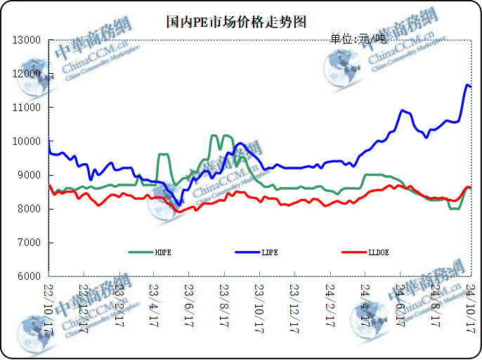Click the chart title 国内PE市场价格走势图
coord(237,22)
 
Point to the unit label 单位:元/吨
coord(358,38)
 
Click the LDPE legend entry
coord(269,251)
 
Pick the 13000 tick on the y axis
coord(27,40)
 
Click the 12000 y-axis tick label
coord(27,74)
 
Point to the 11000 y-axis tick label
coord(27,108)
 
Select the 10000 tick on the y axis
coord(27,141)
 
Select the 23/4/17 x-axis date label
coord(155,304)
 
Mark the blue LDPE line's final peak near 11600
coord(467,85)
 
